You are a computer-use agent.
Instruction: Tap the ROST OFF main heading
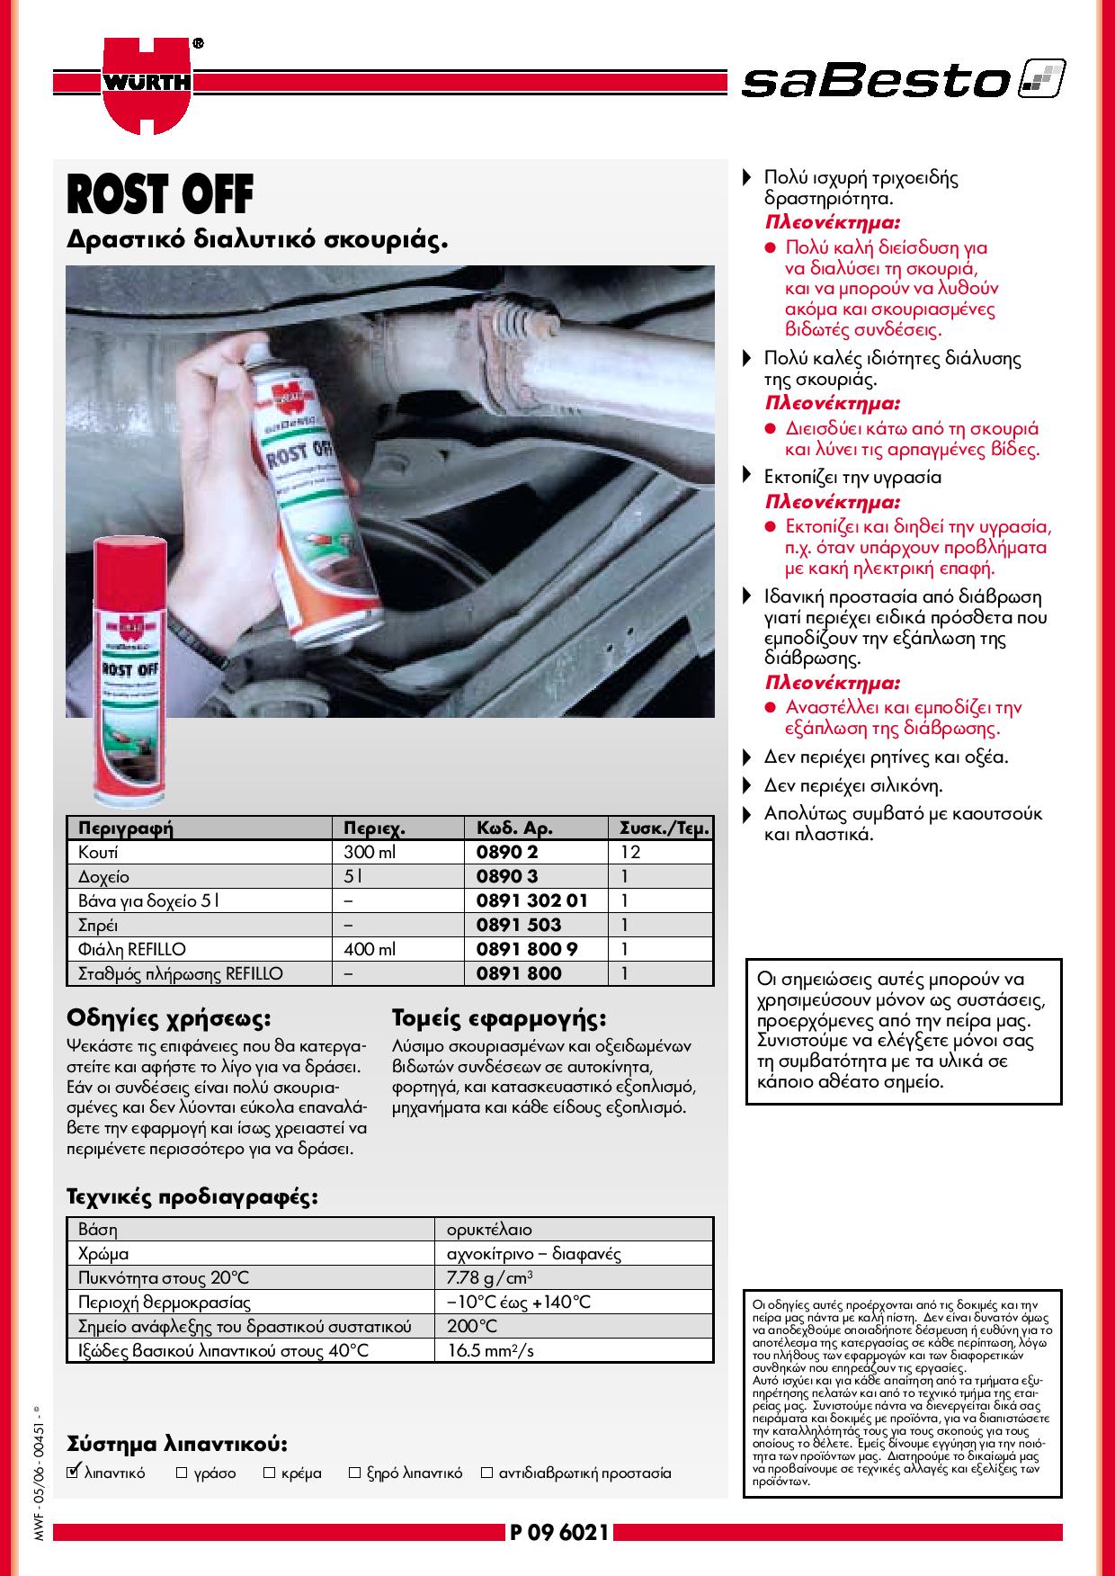[160, 194]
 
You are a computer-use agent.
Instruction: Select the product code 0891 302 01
[531, 900]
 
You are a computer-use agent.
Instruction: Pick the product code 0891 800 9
[526, 949]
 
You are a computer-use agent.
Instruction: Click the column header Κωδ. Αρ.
[514, 828]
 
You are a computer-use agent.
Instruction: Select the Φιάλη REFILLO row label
[132, 949]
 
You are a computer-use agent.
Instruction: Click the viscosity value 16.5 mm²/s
[491, 1350]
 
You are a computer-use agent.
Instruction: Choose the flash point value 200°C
[471, 1326]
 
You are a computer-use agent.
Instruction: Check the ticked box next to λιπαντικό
[74, 1473]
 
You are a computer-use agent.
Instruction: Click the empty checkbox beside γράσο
[182, 1473]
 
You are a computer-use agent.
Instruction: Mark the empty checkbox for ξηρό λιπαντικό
[354, 1473]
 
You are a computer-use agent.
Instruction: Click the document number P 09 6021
[558, 1532]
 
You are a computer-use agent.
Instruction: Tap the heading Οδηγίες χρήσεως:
[169, 1019]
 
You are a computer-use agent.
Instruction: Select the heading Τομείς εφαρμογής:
[499, 1019]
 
